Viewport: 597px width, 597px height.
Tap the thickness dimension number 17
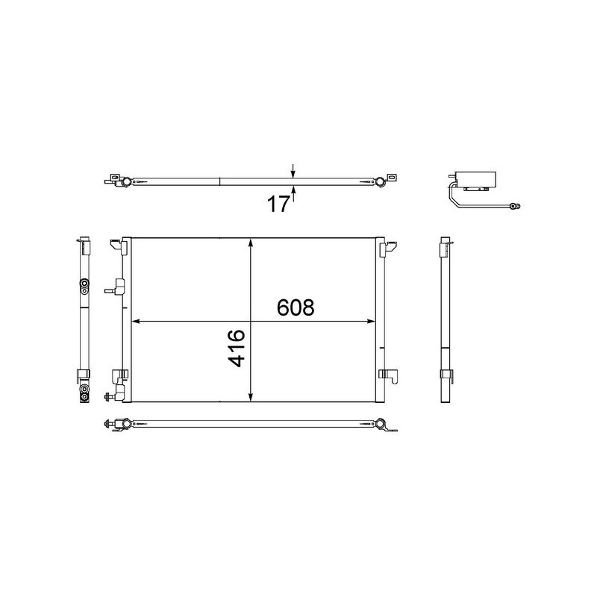(x=278, y=204)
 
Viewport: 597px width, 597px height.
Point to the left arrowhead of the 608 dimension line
(x=136, y=322)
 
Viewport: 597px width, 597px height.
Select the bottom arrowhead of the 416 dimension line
(x=251, y=397)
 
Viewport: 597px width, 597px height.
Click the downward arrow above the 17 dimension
(x=293, y=171)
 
